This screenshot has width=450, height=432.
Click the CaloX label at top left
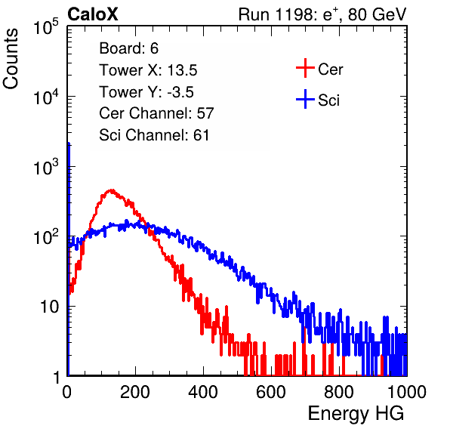93,14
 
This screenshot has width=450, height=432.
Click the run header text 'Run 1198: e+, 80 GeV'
322,14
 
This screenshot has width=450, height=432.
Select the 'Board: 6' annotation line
128,48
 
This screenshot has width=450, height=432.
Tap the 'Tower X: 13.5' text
148,70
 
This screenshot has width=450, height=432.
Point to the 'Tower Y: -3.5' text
146,92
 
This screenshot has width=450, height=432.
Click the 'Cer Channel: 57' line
156,113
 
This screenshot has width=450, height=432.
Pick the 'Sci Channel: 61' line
154,135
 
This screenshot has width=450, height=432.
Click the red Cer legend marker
305,68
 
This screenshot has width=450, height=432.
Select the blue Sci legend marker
305,100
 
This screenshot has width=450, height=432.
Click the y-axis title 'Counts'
11,59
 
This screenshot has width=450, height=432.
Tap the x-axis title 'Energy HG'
356,414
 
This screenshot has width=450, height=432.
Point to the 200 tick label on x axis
135,392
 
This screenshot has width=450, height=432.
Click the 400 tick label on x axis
203,392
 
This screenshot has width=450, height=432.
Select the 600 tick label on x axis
271,392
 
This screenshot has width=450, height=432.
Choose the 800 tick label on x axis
339,392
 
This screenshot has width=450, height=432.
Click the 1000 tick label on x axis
407,392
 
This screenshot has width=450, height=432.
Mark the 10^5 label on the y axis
46,27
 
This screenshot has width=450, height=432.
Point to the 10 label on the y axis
49,307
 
